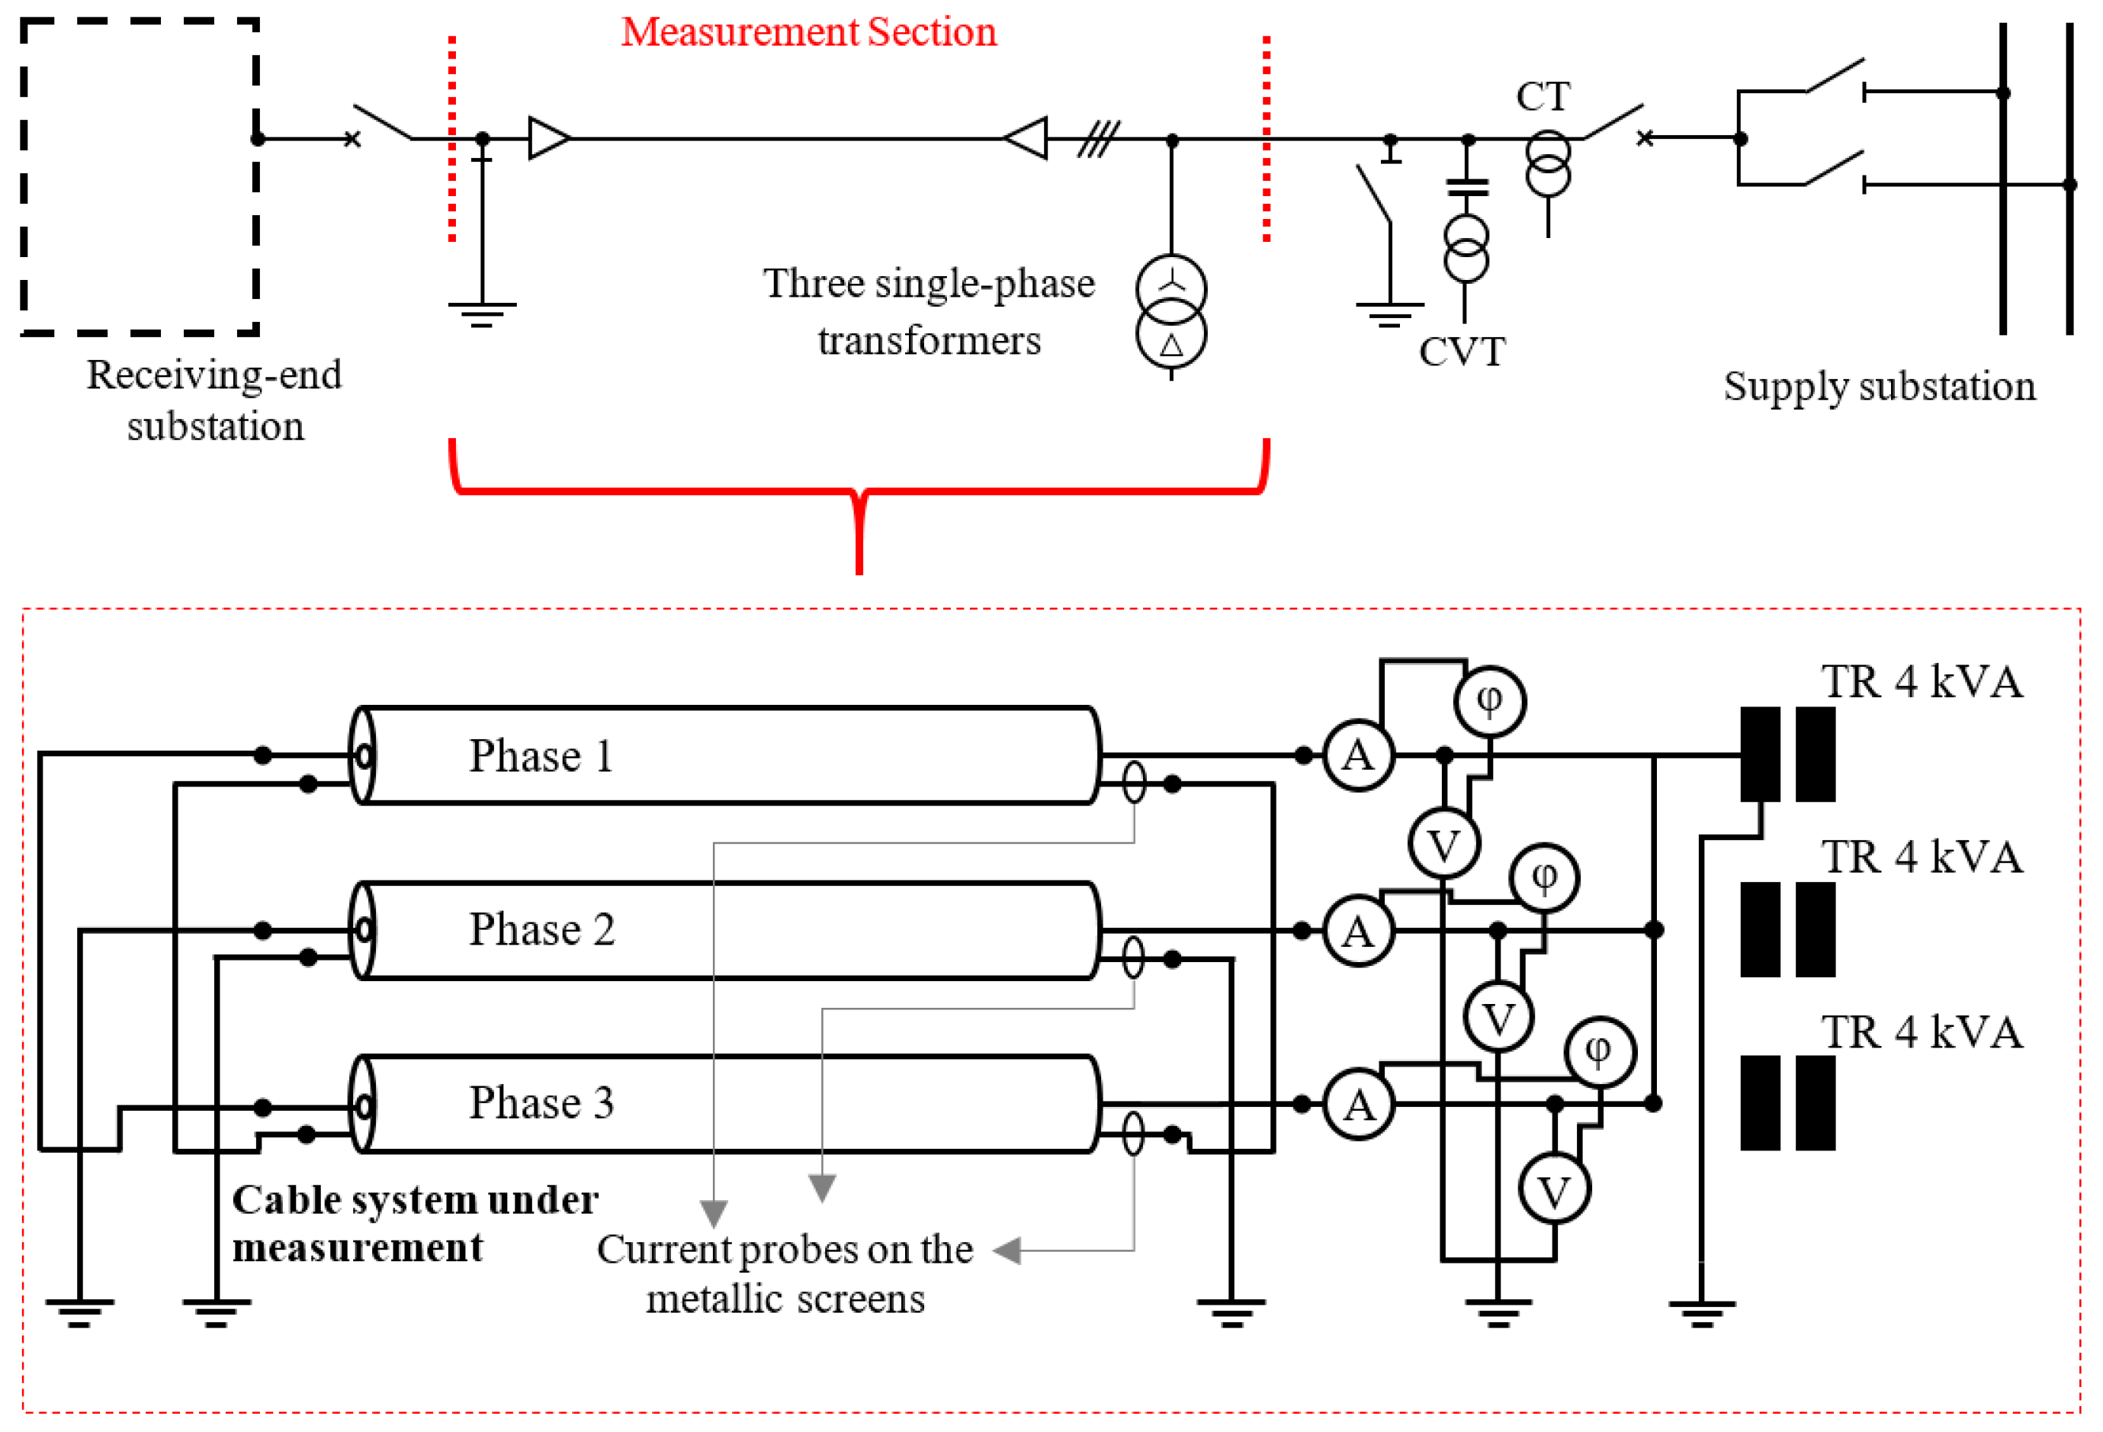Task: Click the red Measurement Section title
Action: click(x=809, y=33)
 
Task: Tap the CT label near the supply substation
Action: click(x=1542, y=97)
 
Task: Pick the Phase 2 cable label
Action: click(x=541, y=930)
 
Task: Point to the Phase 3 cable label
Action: click(x=541, y=1103)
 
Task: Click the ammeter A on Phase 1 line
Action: click(x=1358, y=756)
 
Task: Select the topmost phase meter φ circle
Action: click(x=1489, y=700)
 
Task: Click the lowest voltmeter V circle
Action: click(x=1555, y=1191)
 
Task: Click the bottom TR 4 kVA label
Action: click(x=1921, y=1033)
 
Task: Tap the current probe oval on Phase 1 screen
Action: click(x=1134, y=783)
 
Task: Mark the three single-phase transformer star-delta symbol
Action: click(x=1171, y=312)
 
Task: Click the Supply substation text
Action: click(x=1879, y=387)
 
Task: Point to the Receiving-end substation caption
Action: click(x=214, y=400)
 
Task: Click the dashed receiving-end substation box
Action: click(x=140, y=176)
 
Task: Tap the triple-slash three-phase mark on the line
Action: click(x=1098, y=140)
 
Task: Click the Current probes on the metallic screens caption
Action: click(x=785, y=1273)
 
